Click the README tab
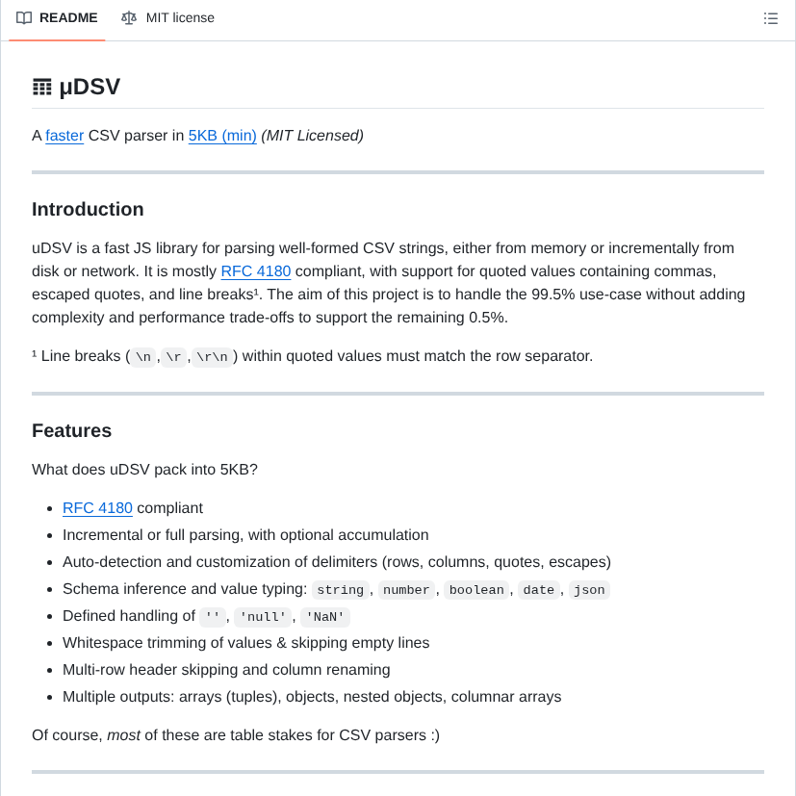tap(67, 18)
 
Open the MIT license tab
tap(179, 18)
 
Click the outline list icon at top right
tap(770, 18)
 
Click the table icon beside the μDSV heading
tap(42, 88)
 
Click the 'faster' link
tap(64, 136)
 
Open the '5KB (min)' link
tap(222, 136)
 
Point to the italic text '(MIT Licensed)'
tap(312, 136)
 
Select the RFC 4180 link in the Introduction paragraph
tap(256, 271)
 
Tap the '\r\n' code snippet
tap(212, 357)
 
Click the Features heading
tap(72, 431)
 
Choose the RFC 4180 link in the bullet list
tap(97, 508)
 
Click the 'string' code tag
tap(341, 590)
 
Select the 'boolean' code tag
tap(476, 590)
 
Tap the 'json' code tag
tap(589, 590)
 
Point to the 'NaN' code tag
tap(325, 617)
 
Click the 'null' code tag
tap(261, 617)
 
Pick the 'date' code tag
tap(539, 590)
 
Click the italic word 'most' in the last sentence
tap(123, 735)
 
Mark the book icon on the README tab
tap(24, 18)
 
